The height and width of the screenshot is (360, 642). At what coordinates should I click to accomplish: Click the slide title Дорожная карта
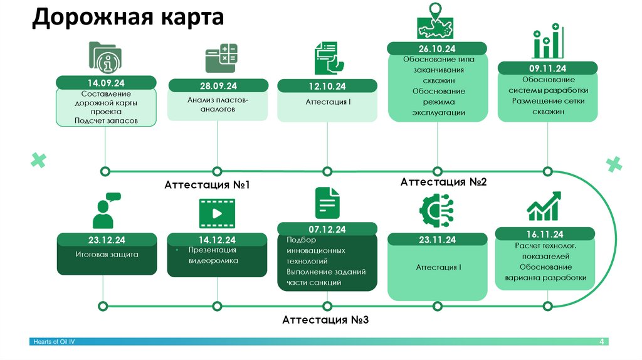point(128,18)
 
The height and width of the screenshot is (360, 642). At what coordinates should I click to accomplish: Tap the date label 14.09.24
point(105,82)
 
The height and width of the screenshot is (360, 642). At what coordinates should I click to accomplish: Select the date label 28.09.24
point(218,86)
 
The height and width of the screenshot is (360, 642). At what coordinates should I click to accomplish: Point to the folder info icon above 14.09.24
point(105,58)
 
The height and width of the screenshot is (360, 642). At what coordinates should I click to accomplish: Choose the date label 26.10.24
point(437,49)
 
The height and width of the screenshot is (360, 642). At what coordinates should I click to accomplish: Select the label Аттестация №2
point(443,182)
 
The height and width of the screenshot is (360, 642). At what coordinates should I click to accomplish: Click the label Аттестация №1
point(207,185)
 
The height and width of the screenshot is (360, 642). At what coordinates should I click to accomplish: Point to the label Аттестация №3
point(325,320)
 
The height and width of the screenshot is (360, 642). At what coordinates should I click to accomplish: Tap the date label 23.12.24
point(107,240)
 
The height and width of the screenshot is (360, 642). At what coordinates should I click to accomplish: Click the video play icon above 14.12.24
point(217,213)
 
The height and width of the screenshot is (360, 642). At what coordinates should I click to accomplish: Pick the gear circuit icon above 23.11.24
point(436,210)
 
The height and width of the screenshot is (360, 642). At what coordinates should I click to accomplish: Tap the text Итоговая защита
point(107,255)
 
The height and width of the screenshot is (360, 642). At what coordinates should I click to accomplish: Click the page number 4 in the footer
point(601,341)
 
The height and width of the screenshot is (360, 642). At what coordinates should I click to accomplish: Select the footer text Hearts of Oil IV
point(54,341)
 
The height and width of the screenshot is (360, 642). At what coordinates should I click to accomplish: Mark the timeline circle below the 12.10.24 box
point(327,171)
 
